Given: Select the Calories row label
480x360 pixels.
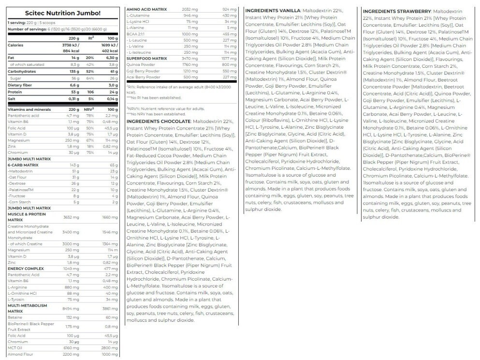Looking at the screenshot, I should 16,45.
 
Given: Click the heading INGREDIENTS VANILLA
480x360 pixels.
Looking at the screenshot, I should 273,10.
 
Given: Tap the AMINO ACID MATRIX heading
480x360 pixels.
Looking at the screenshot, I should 147,10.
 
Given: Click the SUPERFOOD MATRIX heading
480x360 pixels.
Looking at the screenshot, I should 147,58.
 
